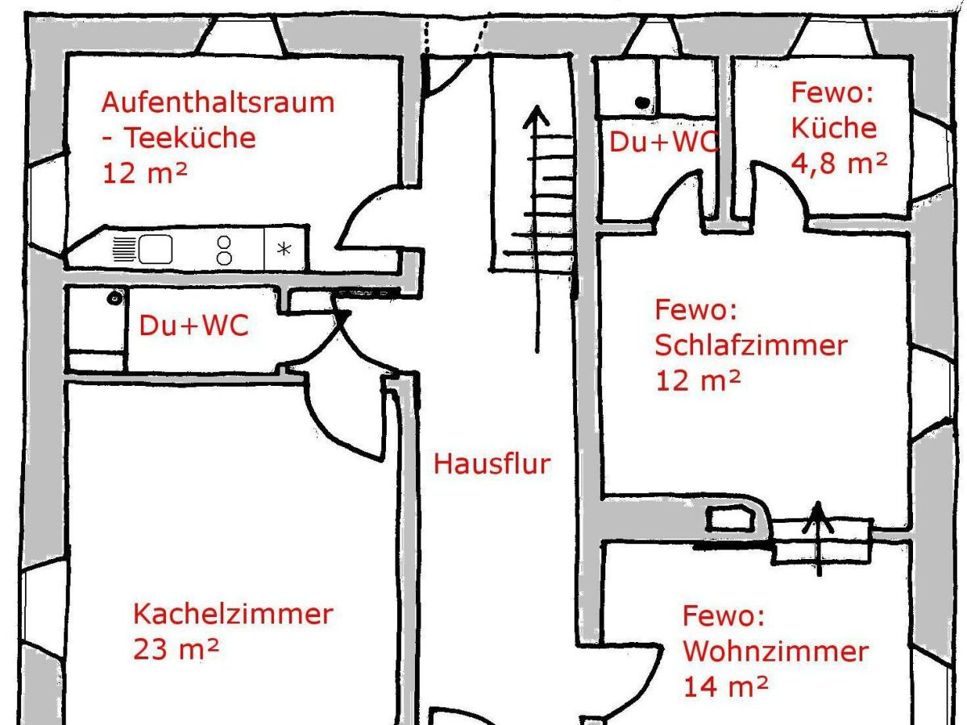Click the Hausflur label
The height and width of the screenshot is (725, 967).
coord(492,464)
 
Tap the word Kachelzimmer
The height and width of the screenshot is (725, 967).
coord(233,614)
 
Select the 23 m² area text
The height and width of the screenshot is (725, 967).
coord(176,648)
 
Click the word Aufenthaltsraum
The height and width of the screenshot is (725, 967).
coord(218,102)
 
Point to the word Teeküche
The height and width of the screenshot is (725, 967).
coord(191,138)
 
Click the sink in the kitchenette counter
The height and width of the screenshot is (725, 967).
coord(156,249)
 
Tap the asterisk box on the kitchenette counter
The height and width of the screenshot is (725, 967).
coord(284,249)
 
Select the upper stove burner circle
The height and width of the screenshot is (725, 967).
coord(224,242)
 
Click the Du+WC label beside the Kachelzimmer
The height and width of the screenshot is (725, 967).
coord(194,325)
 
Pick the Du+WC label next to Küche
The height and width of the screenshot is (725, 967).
coord(663,143)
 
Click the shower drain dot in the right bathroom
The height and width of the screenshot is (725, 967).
coord(642,102)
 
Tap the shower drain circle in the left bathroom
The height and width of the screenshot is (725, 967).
coord(115,298)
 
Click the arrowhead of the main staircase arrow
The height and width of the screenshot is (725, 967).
coord(536,116)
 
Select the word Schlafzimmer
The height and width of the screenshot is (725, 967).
coord(751,346)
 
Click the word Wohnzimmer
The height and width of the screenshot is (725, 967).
coord(776,651)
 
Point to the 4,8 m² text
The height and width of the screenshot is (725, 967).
coord(839,164)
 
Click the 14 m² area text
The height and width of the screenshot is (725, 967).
coord(725,686)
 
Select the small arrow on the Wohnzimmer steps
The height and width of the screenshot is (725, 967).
coord(818,538)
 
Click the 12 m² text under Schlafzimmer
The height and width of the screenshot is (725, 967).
coord(698,381)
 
